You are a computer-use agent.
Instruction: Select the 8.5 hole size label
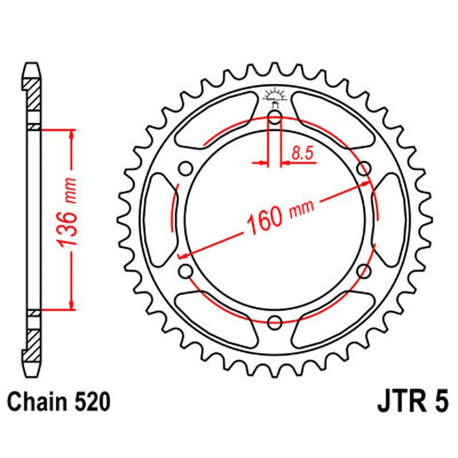[x=301, y=151]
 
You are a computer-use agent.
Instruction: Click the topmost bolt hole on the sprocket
[x=275, y=119]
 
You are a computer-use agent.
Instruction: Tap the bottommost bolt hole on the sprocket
[x=275, y=321]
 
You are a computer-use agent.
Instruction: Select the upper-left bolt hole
[x=187, y=169]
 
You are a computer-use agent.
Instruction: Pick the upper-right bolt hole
[x=363, y=169]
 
